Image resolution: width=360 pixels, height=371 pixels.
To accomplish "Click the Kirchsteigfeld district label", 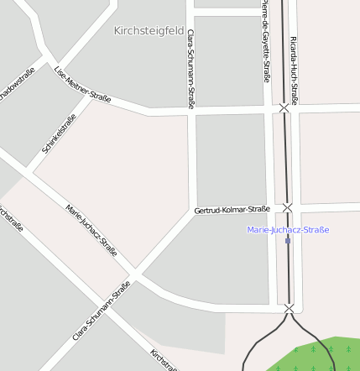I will point(149,30).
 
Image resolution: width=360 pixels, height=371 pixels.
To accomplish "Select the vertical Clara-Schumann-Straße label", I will point(191,69).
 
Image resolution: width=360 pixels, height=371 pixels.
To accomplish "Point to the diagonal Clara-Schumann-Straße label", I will point(102,310).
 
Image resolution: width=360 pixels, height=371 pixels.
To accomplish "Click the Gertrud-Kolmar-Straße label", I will point(232,209).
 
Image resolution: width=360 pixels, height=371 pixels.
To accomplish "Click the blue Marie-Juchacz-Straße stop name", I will point(288,229).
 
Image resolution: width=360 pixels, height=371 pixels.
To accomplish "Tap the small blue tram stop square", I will point(288,241).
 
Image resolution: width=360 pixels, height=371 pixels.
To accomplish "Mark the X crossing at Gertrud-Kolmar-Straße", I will point(287,207).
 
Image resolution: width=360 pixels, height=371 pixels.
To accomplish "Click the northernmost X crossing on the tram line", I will point(284,108).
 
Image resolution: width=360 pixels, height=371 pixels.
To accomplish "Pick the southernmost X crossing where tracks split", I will point(289,309).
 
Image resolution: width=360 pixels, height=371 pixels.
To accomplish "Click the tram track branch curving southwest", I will point(253,345).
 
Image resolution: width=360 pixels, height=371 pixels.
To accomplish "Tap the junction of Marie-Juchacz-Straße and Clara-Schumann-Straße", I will point(134,275).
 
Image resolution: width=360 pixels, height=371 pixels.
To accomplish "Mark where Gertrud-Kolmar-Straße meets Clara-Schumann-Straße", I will point(192,212).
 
